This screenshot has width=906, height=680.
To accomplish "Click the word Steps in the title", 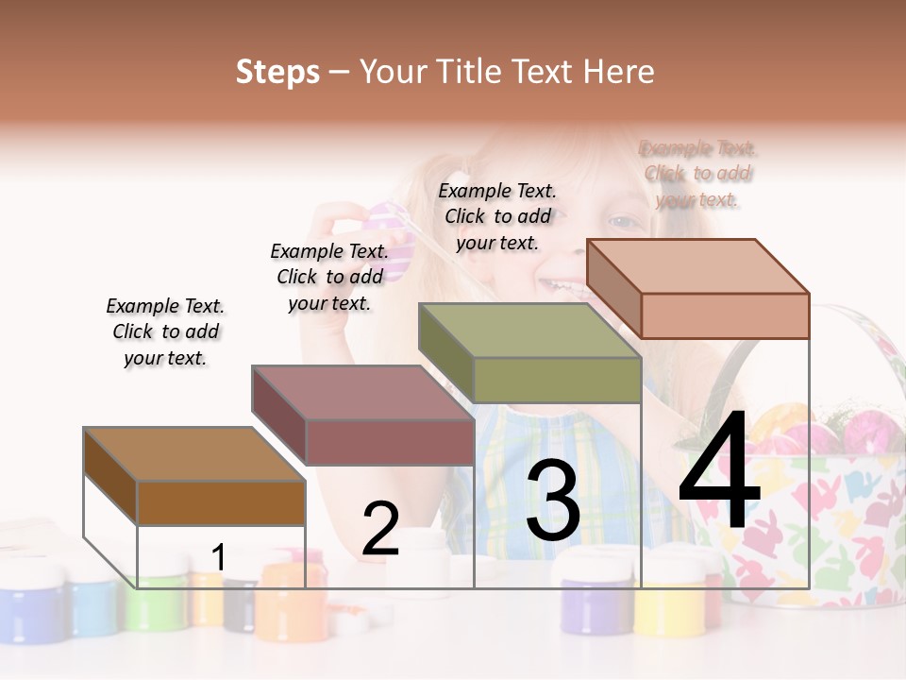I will coord(277,72).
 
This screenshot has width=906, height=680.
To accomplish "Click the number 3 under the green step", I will coord(553,501).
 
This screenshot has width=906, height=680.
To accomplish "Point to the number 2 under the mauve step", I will coord(380,529).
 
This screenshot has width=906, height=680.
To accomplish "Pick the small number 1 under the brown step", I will coord(218,558).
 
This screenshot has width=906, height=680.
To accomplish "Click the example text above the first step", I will coord(165,331).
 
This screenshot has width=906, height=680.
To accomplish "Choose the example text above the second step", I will coord(329,277).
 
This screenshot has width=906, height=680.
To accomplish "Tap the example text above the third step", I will coord(497,216).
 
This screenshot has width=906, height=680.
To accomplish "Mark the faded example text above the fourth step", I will coord(698,174).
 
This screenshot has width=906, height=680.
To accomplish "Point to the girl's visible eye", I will coord(622,223).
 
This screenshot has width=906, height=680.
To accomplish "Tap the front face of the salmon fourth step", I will coord(725,315).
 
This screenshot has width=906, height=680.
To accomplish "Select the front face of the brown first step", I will coord(221,502).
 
